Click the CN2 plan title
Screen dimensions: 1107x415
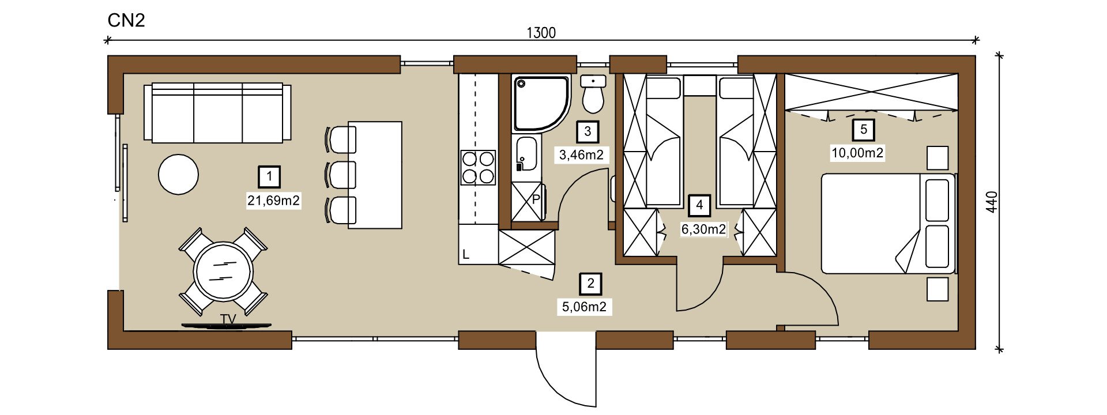point(126,21)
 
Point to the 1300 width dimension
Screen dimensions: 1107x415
point(541,33)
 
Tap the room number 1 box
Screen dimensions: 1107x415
point(270,177)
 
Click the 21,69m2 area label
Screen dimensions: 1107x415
point(274,201)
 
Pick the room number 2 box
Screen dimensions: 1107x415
point(590,283)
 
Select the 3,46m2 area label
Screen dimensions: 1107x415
point(581,154)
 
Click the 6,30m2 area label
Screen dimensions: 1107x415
point(703,229)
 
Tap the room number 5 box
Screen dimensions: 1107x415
point(863,130)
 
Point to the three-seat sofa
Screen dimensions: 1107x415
point(217,112)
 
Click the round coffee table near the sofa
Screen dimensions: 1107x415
point(179,174)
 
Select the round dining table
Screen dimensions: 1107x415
point(223,271)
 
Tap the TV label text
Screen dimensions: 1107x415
point(228,318)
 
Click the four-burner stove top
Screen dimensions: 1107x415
point(478,167)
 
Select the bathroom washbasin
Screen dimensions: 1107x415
point(526,154)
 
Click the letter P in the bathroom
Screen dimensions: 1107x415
point(535,199)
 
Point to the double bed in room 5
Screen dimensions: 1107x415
point(888,223)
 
